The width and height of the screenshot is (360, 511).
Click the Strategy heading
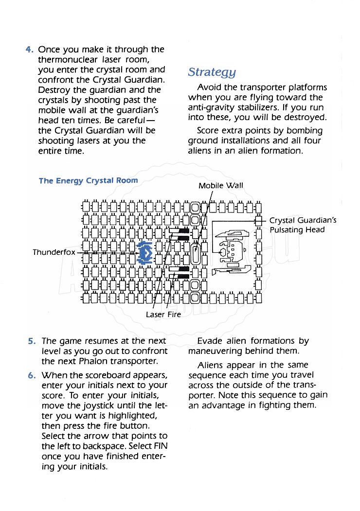pyautogui.click(x=212, y=72)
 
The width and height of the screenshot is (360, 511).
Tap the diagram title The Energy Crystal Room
pyautogui.click(x=88, y=180)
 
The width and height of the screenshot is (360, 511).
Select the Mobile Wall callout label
pyautogui.click(x=221, y=185)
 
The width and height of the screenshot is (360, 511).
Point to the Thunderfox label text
pyautogui.click(x=54, y=252)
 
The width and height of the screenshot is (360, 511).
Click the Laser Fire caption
pyautogui.click(x=163, y=315)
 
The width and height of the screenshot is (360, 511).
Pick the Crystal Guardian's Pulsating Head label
pyautogui.click(x=303, y=225)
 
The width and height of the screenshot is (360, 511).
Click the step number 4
pyautogui.click(x=29, y=50)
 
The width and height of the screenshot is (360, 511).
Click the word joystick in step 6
pyautogui.click(x=98, y=405)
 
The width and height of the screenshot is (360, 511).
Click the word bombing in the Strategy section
pyautogui.click(x=305, y=131)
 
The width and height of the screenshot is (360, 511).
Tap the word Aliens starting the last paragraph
pyautogui.click(x=212, y=365)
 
